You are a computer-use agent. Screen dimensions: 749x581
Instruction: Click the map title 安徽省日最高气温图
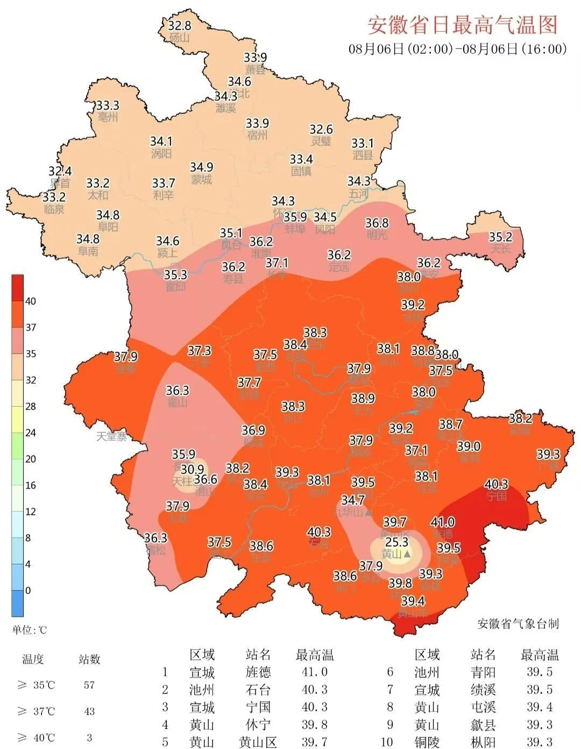tap(462, 24)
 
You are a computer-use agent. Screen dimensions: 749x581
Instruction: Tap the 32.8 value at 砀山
tap(179, 25)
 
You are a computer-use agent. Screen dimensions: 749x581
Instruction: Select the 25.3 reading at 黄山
tap(396, 542)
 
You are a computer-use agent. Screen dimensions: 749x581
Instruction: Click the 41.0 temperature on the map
tap(443, 522)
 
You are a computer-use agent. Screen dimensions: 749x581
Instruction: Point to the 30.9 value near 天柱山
tap(192, 470)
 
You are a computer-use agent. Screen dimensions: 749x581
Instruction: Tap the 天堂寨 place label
tap(111, 436)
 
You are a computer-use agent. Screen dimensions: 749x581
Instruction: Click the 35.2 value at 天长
tap(500, 237)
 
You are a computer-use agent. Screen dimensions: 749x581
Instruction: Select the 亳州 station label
tap(108, 117)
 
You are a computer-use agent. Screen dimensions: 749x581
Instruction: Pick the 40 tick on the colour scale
tap(31, 301)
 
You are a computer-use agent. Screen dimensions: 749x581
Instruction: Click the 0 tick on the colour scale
tap(28, 590)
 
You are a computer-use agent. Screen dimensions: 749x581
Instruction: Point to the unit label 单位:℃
tap(30, 630)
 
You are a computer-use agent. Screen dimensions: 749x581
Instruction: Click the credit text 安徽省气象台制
tap(518, 624)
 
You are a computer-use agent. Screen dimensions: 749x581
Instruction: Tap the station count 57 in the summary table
tap(89, 685)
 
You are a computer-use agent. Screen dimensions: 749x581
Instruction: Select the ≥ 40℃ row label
tap(36, 738)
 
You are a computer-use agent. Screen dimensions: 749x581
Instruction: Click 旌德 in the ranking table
tap(258, 672)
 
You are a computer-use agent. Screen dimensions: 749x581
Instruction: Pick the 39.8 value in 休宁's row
tap(314, 725)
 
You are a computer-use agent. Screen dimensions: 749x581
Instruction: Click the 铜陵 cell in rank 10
tap(427, 742)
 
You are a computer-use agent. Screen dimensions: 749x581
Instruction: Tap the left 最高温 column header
tap(315, 655)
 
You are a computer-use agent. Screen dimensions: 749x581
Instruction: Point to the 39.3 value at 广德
tap(548, 455)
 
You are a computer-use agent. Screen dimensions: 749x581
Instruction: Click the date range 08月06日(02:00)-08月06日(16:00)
tap(458, 49)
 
